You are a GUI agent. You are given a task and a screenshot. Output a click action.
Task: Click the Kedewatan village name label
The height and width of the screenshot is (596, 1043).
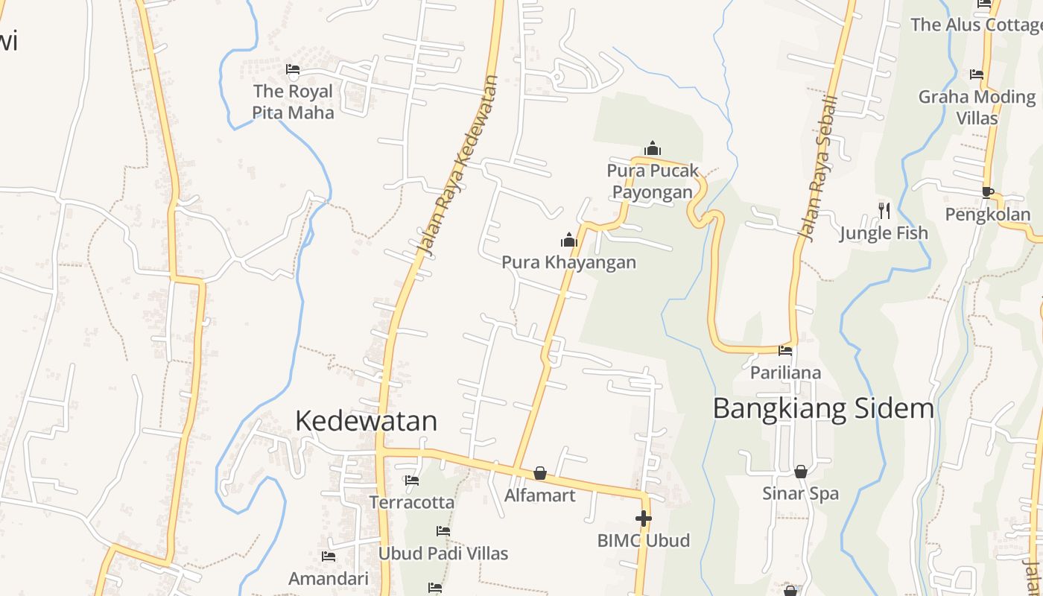[x=366, y=421]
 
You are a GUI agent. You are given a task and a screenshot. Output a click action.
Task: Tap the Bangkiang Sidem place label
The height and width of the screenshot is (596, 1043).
[x=823, y=408]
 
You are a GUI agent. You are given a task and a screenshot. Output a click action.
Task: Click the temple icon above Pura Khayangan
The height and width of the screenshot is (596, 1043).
[x=569, y=240]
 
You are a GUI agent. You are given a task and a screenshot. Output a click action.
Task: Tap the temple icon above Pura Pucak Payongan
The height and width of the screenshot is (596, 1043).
[x=653, y=148]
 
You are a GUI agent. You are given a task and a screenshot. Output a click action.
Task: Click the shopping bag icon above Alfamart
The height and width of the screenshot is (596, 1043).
[x=540, y=473]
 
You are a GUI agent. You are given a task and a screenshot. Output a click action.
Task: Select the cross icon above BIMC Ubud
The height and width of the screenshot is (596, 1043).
[x=644, y=518]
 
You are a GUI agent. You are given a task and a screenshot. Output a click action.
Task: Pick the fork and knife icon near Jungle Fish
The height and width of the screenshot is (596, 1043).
[x=884, y=210]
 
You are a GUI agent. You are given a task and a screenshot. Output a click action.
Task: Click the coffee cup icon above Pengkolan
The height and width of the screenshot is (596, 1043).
[x=988, y=192]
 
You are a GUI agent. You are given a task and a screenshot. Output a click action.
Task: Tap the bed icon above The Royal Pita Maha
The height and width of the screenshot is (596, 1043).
[x=293, y=70]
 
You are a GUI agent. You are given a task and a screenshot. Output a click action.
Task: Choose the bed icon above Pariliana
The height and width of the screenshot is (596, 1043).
[x=785, y=350]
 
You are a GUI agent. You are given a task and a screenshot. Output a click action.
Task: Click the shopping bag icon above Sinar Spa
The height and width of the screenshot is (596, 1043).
[x=800, y=471]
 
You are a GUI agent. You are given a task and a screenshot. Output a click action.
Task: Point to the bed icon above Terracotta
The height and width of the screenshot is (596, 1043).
[x=412, y=481]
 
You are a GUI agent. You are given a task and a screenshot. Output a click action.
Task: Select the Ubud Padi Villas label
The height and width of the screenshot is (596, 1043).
[x=443, y=554]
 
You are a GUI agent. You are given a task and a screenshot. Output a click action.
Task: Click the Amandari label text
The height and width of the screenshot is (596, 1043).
[x=329, y=579]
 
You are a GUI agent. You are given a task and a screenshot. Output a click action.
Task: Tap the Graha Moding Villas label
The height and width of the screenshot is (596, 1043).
[x=977, y=107]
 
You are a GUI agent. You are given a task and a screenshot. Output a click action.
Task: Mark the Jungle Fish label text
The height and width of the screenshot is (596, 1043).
[x=884, y=233]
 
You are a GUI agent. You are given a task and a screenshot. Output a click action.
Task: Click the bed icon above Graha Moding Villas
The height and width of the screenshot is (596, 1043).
[x=977, y=74]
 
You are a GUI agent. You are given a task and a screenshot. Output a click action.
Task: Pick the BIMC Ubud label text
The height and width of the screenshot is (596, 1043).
[x=644, y=540]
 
